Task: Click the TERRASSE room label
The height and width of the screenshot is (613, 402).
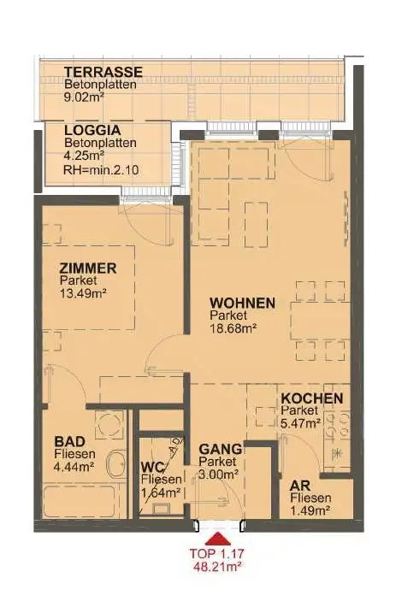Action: (x=103, y=72)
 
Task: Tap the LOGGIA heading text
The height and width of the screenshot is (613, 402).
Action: (x=92, y=130)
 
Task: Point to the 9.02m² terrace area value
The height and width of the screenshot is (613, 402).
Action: (x=84, y=97)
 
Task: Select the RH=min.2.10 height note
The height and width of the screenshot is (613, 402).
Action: (x=101, y=170)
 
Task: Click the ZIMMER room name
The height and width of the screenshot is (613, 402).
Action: (x=88, y=268)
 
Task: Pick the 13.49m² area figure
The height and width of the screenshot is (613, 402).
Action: (x=83, y=293)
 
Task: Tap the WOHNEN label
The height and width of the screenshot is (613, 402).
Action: (x=242, y=303)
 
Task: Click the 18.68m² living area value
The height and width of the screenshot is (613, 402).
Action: (x=233, y=327)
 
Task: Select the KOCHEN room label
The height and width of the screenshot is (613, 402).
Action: (x=312, y=398)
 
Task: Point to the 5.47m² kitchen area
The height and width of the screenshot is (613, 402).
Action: (x=301, y=423)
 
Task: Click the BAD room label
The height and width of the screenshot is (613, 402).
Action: (x=70, y=442)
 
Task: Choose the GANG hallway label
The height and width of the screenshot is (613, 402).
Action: (x=220, y=449)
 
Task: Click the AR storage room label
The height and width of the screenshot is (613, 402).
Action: (x=300, y=486)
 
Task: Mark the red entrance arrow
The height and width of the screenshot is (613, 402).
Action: (x=218, y=539)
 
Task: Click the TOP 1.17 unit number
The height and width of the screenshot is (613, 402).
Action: (x=217, y=553)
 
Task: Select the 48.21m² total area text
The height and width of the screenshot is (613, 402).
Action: (x=217, y=567)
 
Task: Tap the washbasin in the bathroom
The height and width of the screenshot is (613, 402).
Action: (x=116, y=464)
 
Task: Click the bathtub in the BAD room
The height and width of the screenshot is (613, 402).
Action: (x=80, y=501)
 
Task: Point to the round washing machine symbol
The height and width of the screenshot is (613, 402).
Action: (x=110, y=425)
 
